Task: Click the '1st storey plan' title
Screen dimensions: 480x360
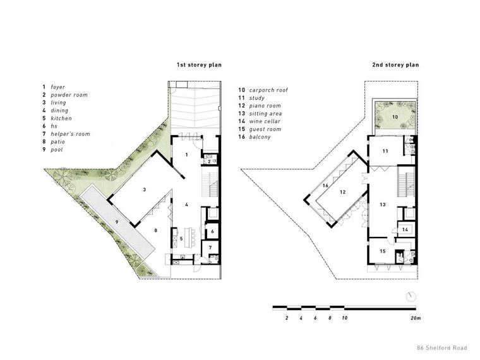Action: (x=199, y=65)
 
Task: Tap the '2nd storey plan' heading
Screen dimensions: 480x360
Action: (x=395, y=65)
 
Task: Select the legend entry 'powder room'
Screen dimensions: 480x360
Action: (x=69, y=95)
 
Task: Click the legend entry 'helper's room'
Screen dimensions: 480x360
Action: (x=70, y=134)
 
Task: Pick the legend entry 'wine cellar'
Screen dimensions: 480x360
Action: (x=265, y=121)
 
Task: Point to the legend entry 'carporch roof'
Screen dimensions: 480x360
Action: (x=268, y=90)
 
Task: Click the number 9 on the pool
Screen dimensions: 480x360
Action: (x=117, y=222)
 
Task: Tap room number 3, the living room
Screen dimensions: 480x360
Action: (x=145, y=190)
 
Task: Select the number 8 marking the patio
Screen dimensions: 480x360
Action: (x=156, y=230)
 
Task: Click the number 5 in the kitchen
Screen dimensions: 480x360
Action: (x=181, y=239)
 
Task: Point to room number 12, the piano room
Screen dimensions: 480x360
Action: (x=342, y=192)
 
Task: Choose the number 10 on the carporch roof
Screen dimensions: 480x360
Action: (x=395, y=117)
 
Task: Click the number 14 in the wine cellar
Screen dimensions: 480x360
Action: (x=405, y=229)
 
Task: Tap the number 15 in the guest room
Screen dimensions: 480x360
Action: (x=383, y=251)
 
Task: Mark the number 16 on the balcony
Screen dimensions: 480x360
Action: (x=325, y=186)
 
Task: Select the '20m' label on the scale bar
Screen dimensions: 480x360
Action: (x=416, y=318)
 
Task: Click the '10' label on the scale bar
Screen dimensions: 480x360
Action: (x=345, y=318)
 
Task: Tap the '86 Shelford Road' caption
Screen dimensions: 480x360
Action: (x=442, y=348)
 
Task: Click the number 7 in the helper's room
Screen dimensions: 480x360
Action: (x=210, y=248)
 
